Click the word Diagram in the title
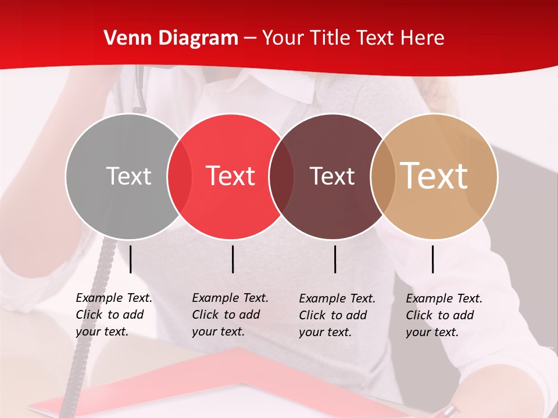198,38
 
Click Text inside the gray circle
128,176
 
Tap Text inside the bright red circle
230,176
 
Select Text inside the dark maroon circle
332,176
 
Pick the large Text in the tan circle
434,175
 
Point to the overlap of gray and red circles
180,176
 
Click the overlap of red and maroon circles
281,176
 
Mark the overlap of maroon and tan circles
383,176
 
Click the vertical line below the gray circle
131,259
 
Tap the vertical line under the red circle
233,259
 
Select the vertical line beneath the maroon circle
335,259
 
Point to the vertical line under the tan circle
433,259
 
